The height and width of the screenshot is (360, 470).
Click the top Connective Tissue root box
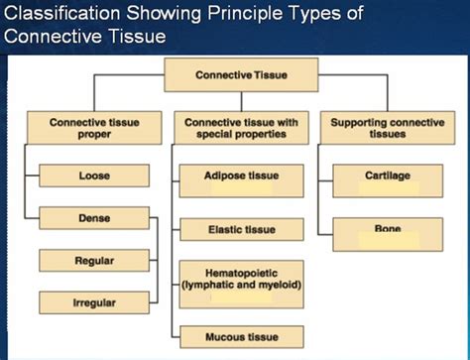tap(241, 74)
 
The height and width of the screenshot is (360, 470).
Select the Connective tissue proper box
tap(94, 128)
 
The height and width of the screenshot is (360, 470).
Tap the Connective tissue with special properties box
tap(242, 128)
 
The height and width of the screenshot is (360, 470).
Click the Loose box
tap(94, 176)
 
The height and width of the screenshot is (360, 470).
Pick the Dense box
tap(94, 217)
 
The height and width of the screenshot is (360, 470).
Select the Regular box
tap(94, 261)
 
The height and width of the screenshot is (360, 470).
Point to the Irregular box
tap(94, 301)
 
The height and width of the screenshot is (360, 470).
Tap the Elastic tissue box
tap(242, 229)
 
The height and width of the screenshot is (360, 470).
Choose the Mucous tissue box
tap(242, 336)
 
